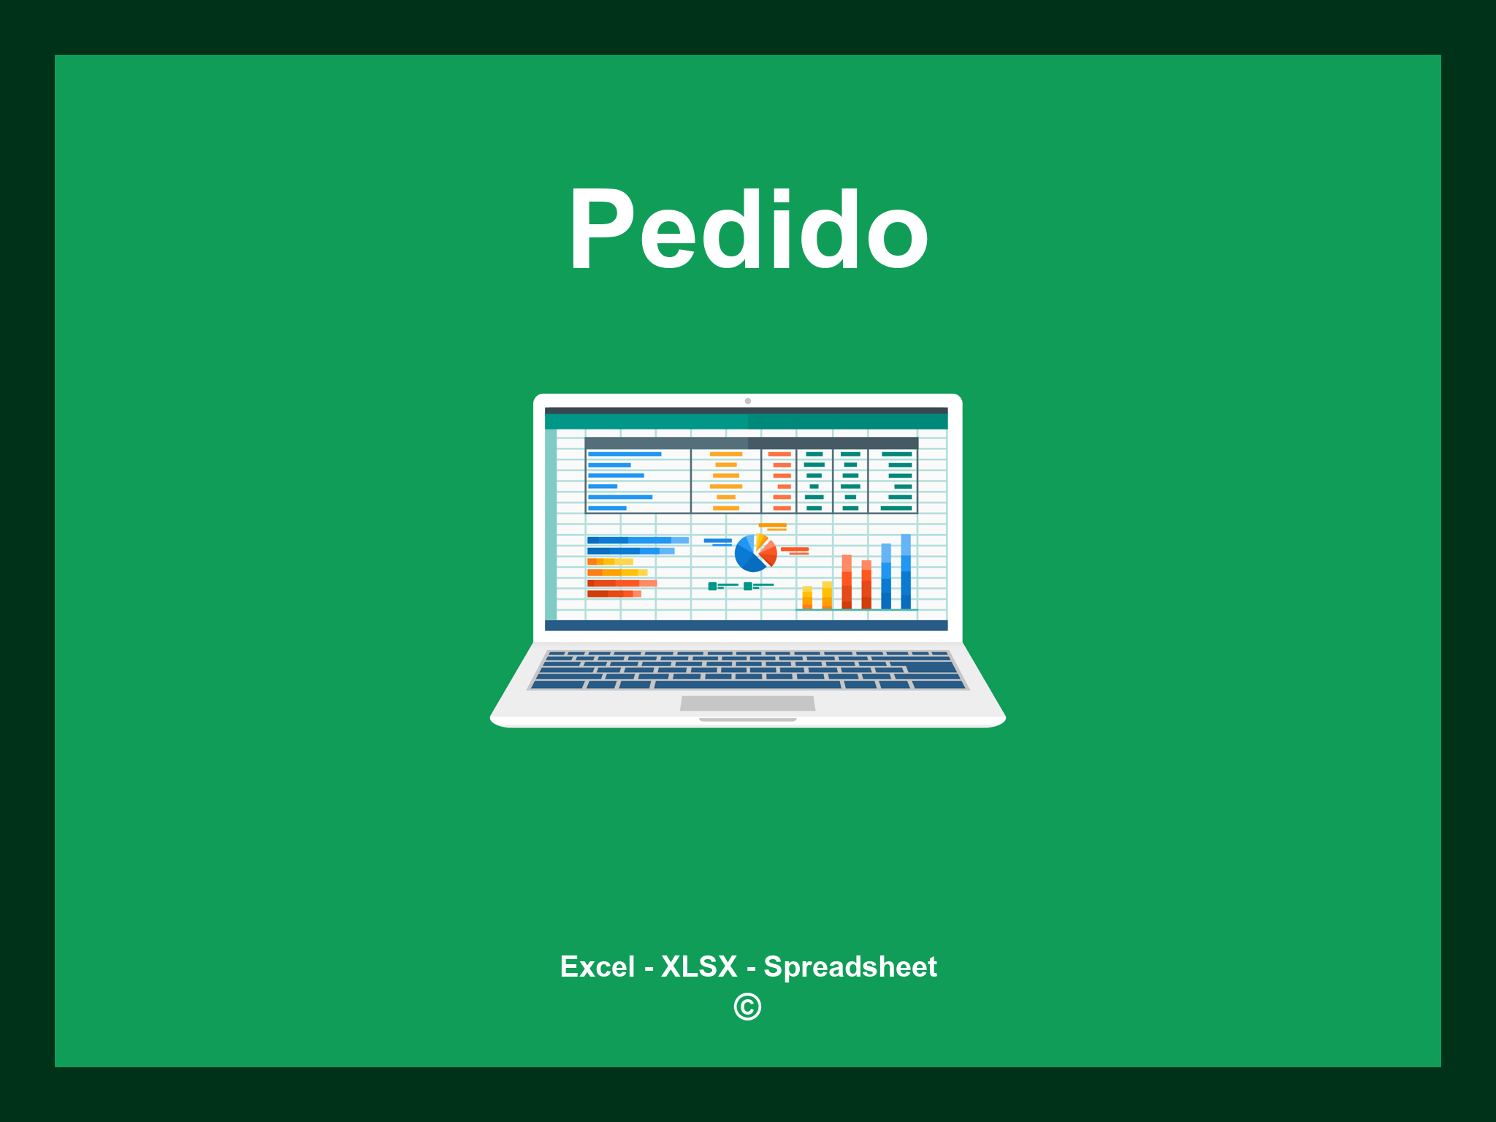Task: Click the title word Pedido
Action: [748, 230]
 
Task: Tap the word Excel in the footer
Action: [597, 966]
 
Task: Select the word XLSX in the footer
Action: [699, 966]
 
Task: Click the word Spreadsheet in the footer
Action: [850, 966]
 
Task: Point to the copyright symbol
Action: [747, 1007]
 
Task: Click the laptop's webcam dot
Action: [747, 401]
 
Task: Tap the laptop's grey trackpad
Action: [747, 703]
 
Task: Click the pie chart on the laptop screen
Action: [754, 554]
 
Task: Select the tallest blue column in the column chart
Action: [906, 571]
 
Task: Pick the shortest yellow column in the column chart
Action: [807, 597]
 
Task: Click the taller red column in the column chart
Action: [847, 581]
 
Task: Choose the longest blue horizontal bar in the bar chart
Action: [637, 540]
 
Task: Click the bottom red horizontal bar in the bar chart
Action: [614, 594]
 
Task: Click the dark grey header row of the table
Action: [751, 443]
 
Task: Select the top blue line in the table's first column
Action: [625, 454]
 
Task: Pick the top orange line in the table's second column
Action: [726, 454]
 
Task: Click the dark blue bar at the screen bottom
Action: [746, 625]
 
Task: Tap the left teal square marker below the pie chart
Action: [712, 586]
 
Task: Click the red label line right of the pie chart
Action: [795, 549]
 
